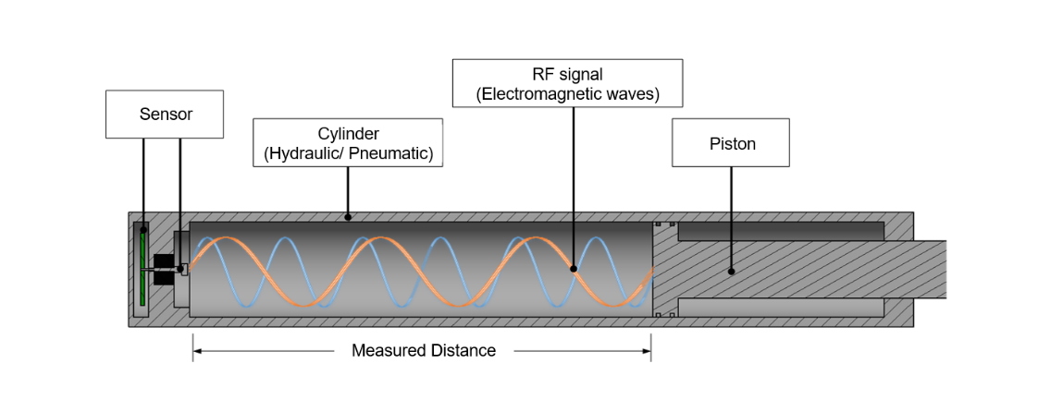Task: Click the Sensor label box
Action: [x=165, y=115]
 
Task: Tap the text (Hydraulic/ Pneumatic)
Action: [x=349, y=153]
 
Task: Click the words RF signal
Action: [x=567, y=76]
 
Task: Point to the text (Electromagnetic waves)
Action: [x=567, y=94]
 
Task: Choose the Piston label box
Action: [x=731, y=143]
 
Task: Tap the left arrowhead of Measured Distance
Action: [x=197, y=350]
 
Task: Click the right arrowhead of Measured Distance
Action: [x=647, y=350]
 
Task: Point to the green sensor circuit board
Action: [x=143, y=269]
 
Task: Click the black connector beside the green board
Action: [x=164, y=269]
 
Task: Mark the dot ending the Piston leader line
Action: [x=732, y=272]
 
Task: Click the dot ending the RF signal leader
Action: [x=574, y=269]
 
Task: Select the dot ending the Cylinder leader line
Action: [x=348, y=217]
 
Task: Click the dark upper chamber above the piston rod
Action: [x=781, y=231]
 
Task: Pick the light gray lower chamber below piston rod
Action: [x=781, y=307]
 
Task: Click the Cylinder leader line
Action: [x=348, y=191]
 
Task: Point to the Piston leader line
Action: [x=732, y=219]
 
